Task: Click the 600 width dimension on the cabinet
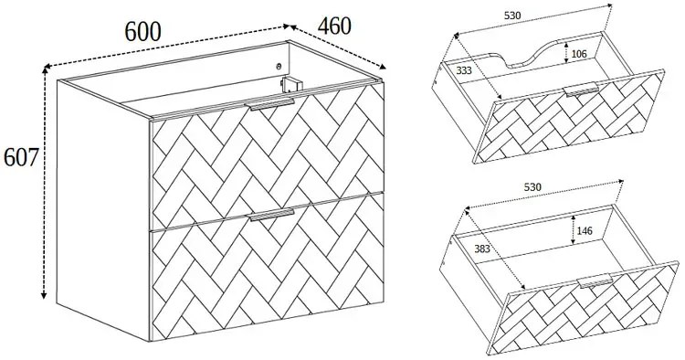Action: [x=142, y=31]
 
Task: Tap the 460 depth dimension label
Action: [x=334, y=26]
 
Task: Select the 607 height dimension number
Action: [x=21, y=157]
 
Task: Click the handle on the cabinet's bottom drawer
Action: [x=271, y=215]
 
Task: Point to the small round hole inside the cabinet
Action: [x=279, y=67]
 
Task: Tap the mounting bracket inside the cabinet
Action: [x=290, y=84]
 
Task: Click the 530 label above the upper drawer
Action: [x=512, y=16]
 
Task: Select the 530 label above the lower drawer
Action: [x=532, y=187]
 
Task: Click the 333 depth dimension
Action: [x=464, y=70]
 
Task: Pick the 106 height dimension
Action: [x=579, y=54]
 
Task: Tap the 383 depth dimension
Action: [x=482, y=249]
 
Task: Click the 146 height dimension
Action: [x=585, y=230]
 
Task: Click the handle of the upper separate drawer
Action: [x=582, y=90]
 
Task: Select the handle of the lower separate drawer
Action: [x=595, y=281]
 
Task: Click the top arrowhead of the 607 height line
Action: [x=44, y=70]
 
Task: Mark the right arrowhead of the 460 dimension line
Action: [x=383, y=67]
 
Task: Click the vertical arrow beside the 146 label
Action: [x=572, y=230]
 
